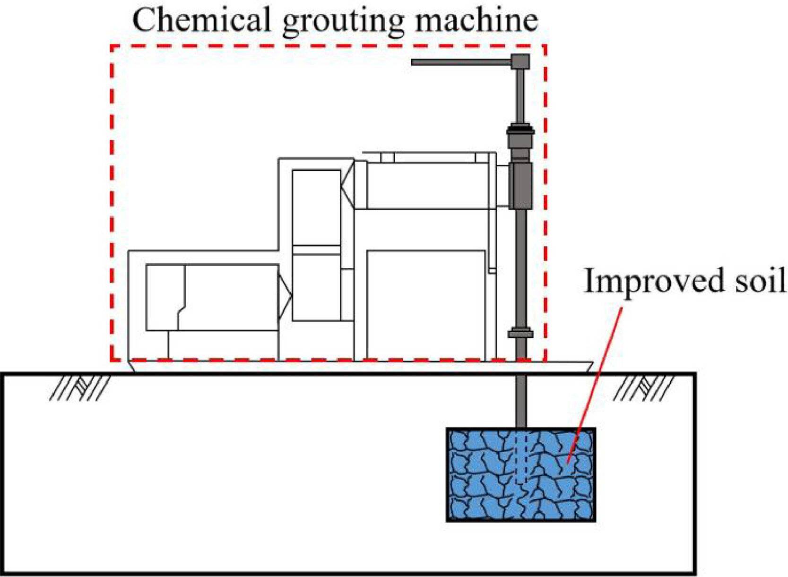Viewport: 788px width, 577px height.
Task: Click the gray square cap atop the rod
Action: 520,61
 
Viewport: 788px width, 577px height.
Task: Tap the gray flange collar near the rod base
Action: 520,334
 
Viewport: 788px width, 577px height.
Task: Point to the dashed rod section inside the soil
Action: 520,456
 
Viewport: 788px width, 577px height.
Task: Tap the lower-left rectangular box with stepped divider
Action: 212,297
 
